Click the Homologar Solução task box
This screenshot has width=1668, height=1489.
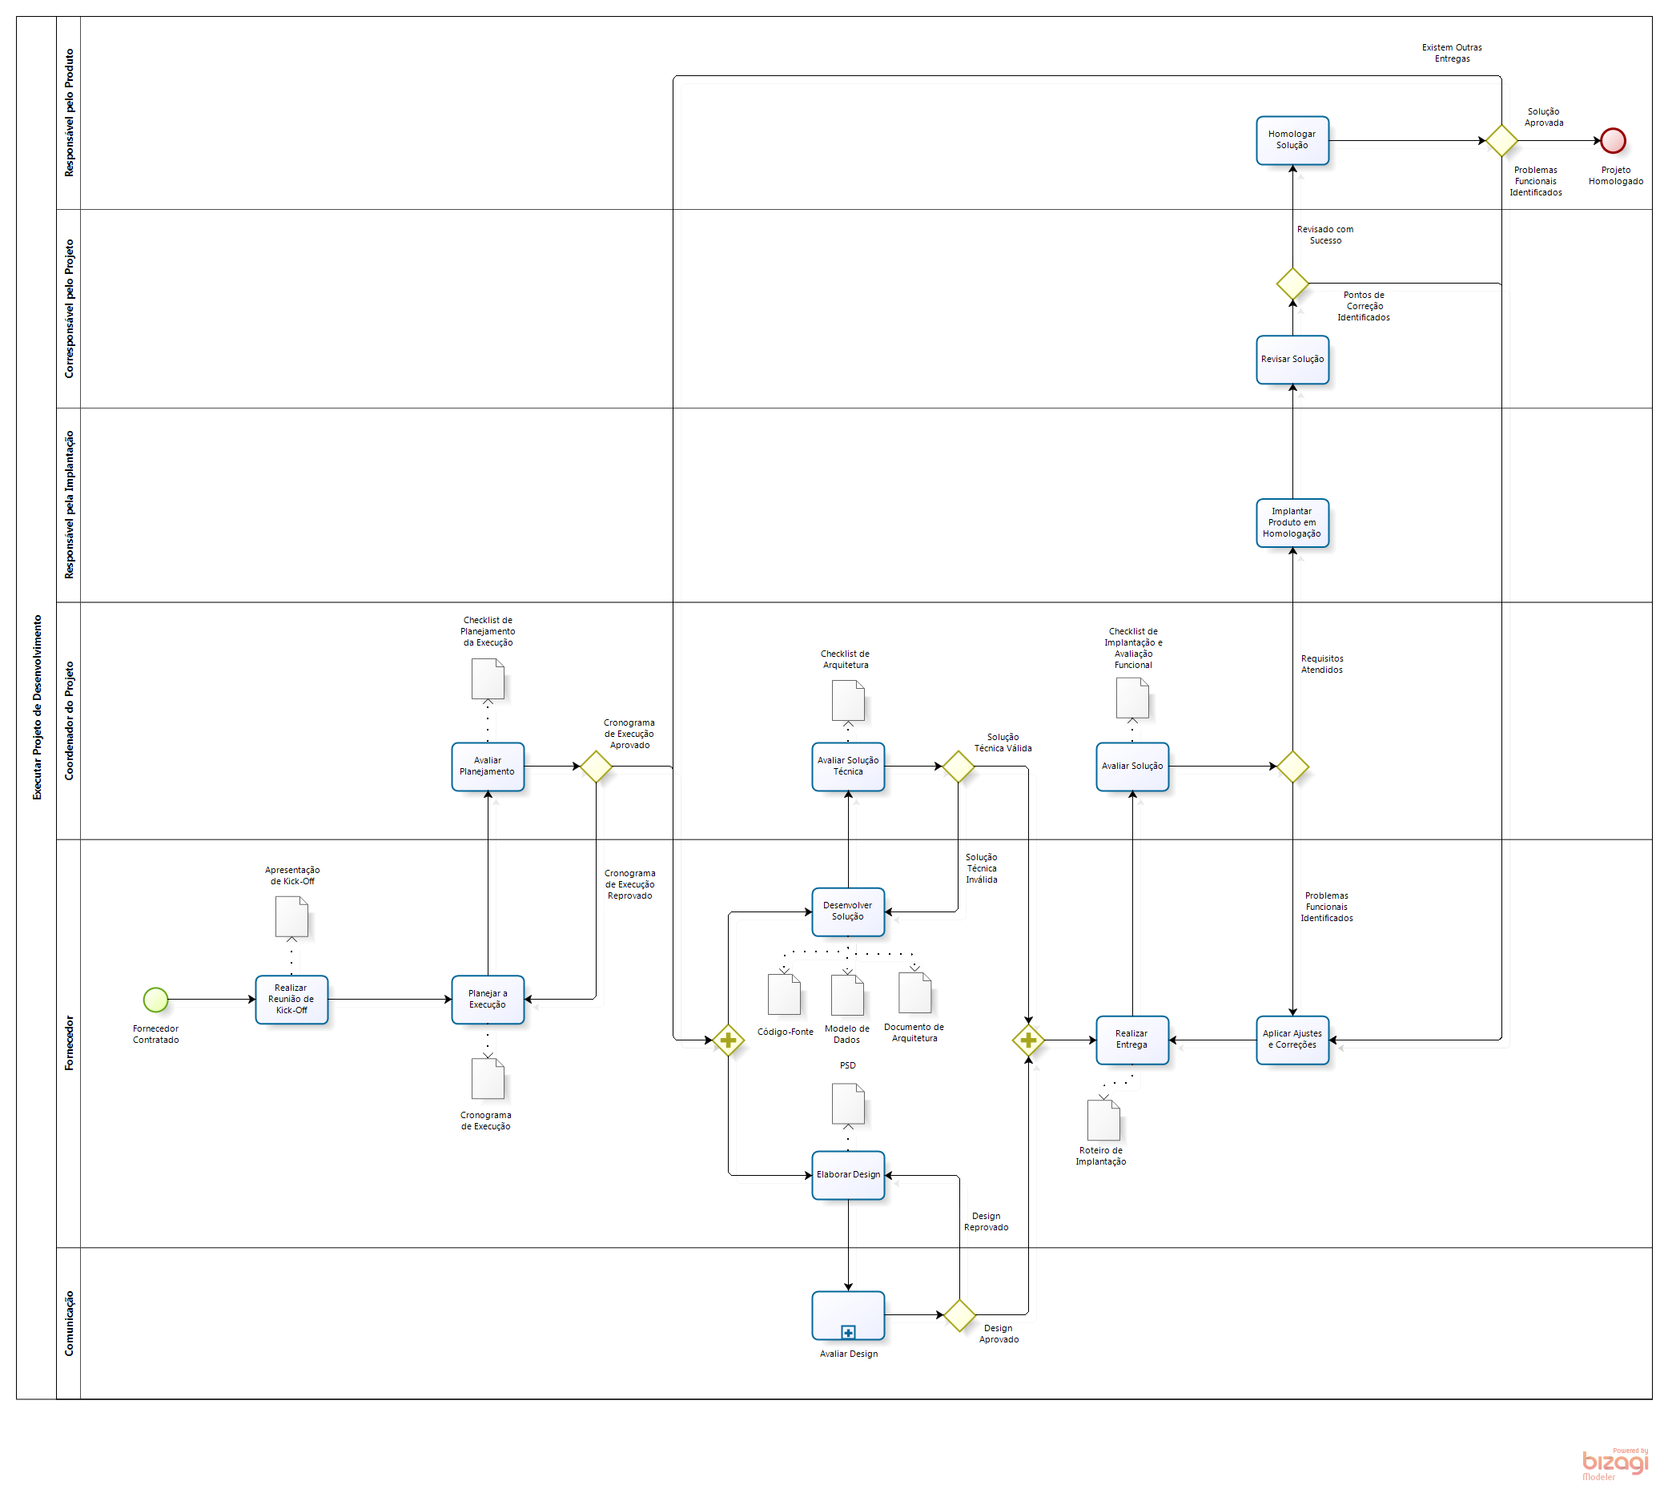1292,140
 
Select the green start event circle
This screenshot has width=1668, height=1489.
155,999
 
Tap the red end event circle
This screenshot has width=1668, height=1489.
1613,141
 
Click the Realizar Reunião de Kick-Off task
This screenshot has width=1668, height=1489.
291,999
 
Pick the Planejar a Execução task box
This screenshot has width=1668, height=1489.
488,999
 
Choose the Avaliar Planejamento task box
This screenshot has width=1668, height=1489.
488,767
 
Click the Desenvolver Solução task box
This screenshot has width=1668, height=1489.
847,912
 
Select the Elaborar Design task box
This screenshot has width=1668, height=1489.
847,1175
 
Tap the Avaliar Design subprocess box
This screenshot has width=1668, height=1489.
847,1314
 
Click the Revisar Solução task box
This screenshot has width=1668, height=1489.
1292,359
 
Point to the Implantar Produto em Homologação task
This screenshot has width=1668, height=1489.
1292,523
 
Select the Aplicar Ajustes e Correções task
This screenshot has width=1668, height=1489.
1292,1040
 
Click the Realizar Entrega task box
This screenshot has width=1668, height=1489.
1131,1040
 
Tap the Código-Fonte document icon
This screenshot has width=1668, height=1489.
784,994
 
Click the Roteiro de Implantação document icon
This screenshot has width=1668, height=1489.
1103,1120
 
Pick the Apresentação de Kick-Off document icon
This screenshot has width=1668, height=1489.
291,916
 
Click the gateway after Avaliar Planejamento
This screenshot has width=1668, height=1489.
596,767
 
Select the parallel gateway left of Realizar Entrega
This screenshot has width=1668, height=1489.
1027,1040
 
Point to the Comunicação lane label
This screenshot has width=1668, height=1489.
69,1323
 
